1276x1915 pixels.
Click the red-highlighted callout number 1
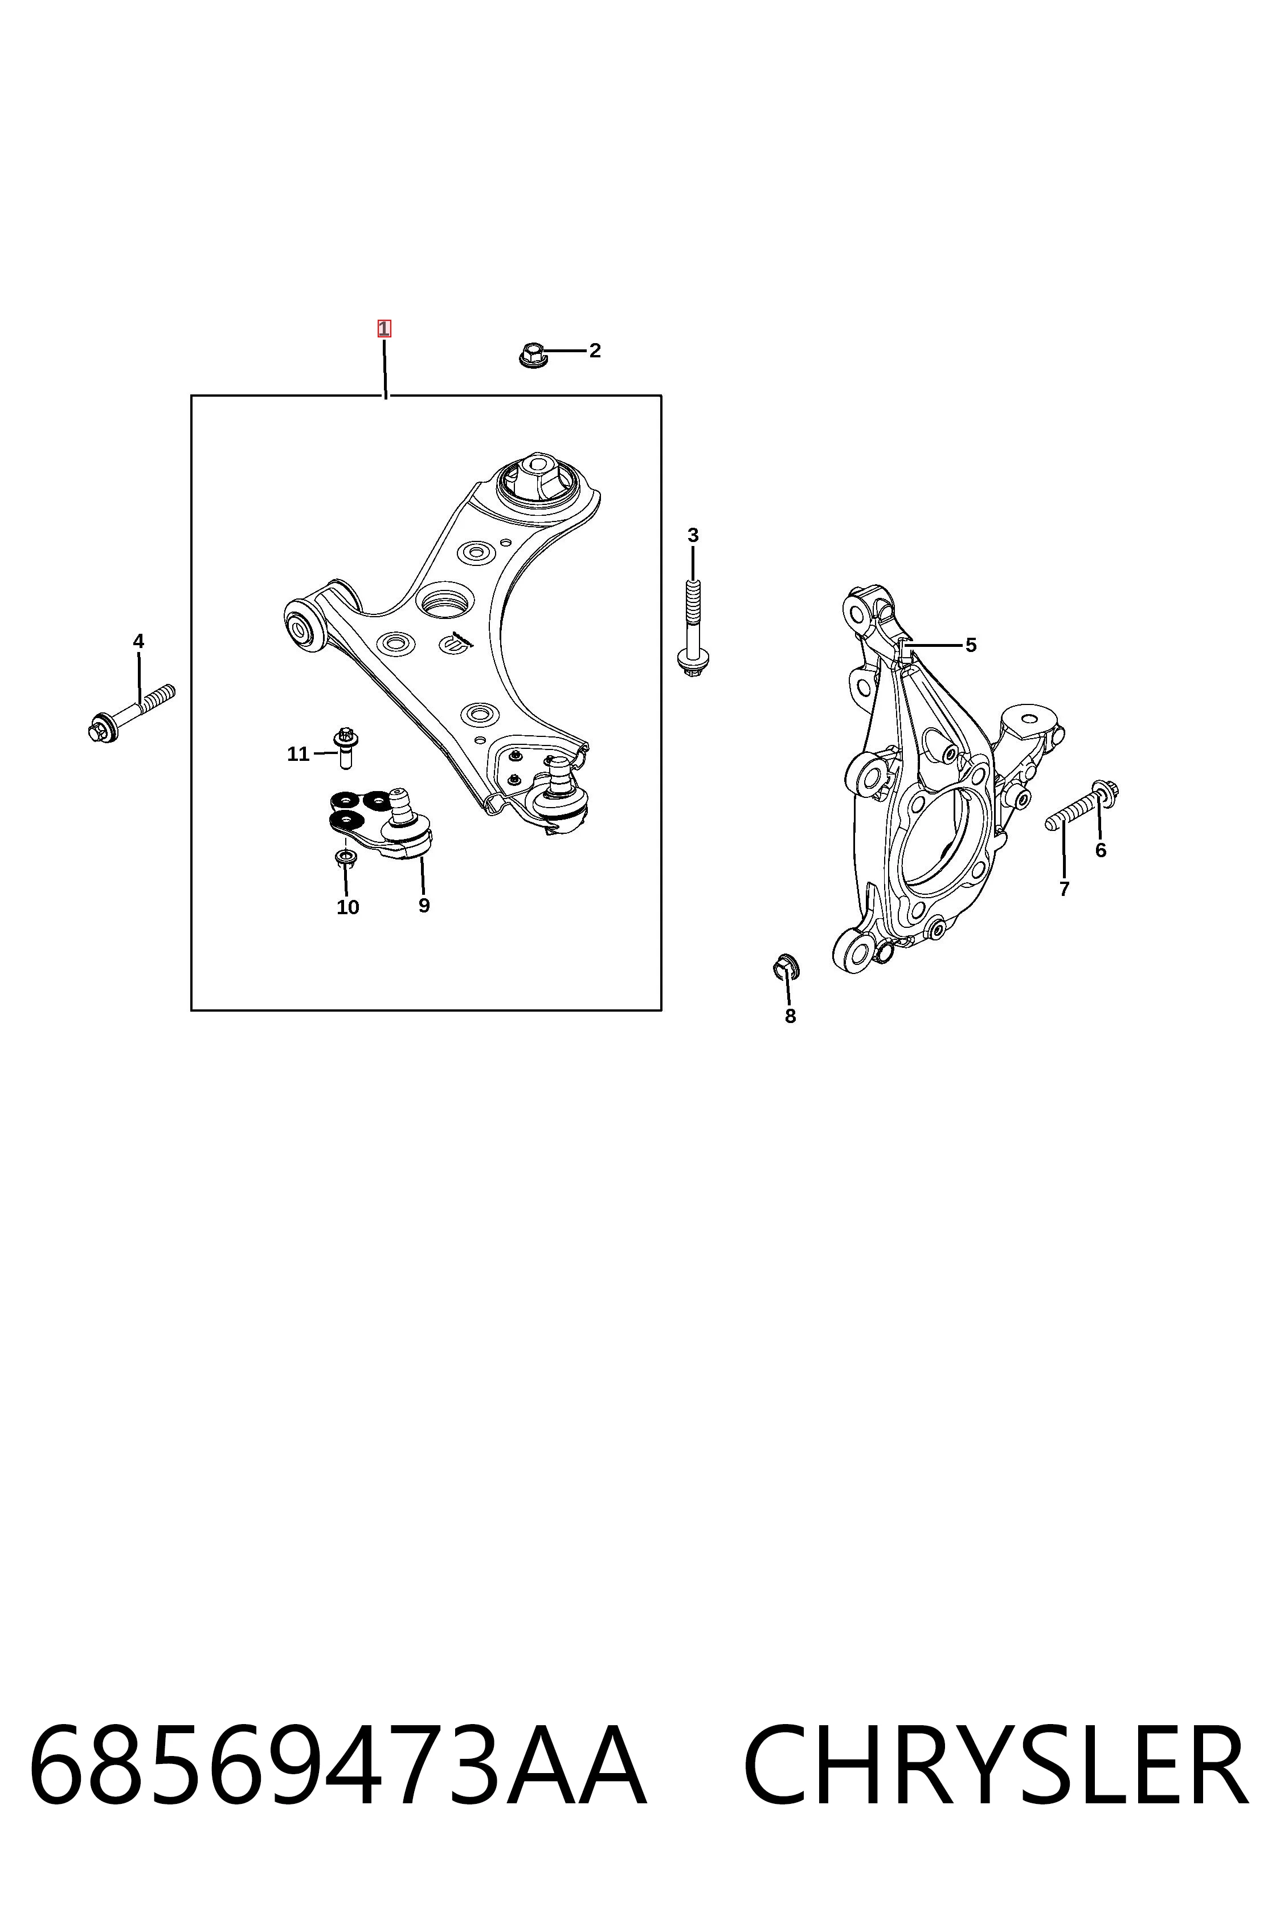click(383, 329)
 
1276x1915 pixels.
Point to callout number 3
click(693, 535)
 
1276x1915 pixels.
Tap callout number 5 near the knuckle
click(971, 645)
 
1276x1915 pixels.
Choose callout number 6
click(1100, 850)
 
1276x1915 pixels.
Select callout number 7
click(1064, 889)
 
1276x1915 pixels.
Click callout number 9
click(424, 906)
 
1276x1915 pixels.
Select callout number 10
click(347, 907)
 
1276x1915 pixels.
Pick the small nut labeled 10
click(346, 858)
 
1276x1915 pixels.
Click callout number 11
click(298, 754)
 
